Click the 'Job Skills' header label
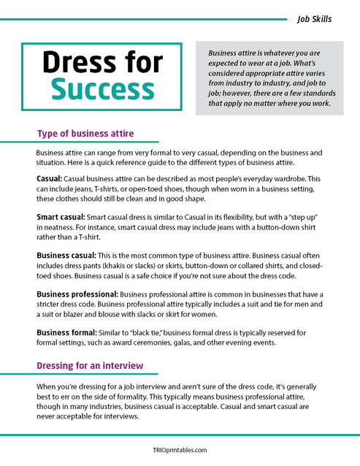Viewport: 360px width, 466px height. [315, 19]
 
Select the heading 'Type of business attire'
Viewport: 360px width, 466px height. [85, 134]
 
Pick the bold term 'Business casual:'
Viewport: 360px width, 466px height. [66, 256]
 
